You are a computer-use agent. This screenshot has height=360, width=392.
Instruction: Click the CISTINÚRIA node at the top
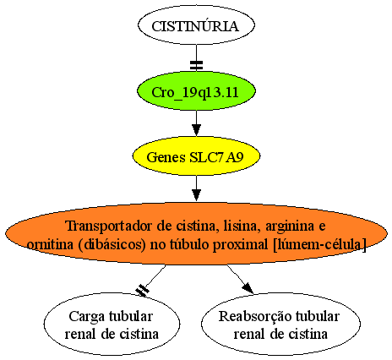196,25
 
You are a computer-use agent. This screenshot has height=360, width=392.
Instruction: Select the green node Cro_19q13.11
196,91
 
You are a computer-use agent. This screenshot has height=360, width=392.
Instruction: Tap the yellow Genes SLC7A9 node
196,156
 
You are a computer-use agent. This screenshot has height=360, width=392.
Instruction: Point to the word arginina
290,226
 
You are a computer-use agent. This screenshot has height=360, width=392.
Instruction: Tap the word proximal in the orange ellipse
240,245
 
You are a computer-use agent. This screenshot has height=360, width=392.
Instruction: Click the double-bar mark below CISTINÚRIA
196,65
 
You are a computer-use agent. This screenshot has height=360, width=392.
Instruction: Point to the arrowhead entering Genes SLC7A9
196,130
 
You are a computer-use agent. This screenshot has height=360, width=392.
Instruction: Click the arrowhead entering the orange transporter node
196,195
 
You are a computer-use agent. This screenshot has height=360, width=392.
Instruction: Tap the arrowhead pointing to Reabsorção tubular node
248,288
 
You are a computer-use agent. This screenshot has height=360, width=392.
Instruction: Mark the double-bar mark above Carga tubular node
143,290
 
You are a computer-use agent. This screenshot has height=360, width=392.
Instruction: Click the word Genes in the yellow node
166,157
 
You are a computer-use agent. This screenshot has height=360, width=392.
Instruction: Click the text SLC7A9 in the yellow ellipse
216,157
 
